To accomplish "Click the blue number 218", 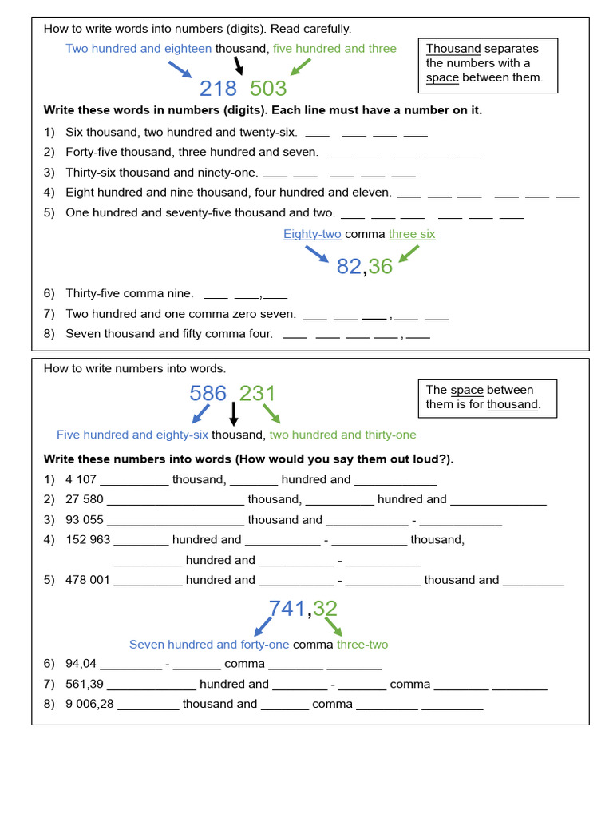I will [219, 88].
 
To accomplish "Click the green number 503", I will [268, 88].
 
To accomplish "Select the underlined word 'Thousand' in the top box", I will [453, 49].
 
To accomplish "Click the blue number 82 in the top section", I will [349, 267].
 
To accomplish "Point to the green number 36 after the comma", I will [381, 267].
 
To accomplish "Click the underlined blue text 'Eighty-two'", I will [312, 234].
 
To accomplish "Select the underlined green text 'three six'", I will [412, 234].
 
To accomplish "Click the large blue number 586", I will [208, 393].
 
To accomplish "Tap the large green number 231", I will [258, 393].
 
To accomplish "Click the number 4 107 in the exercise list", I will [81, 480].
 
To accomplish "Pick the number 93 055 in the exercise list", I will [84, 520].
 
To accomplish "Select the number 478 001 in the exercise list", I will [87, 580].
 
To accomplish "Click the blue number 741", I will [287, 609].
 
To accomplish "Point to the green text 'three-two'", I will [362, 645].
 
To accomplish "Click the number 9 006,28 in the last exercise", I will [89, 704].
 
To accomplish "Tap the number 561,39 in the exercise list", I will [84, 684].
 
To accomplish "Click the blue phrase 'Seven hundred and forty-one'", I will [209, 645].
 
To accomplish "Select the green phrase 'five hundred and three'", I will [334, 49].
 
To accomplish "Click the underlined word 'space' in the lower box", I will [467, 390].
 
